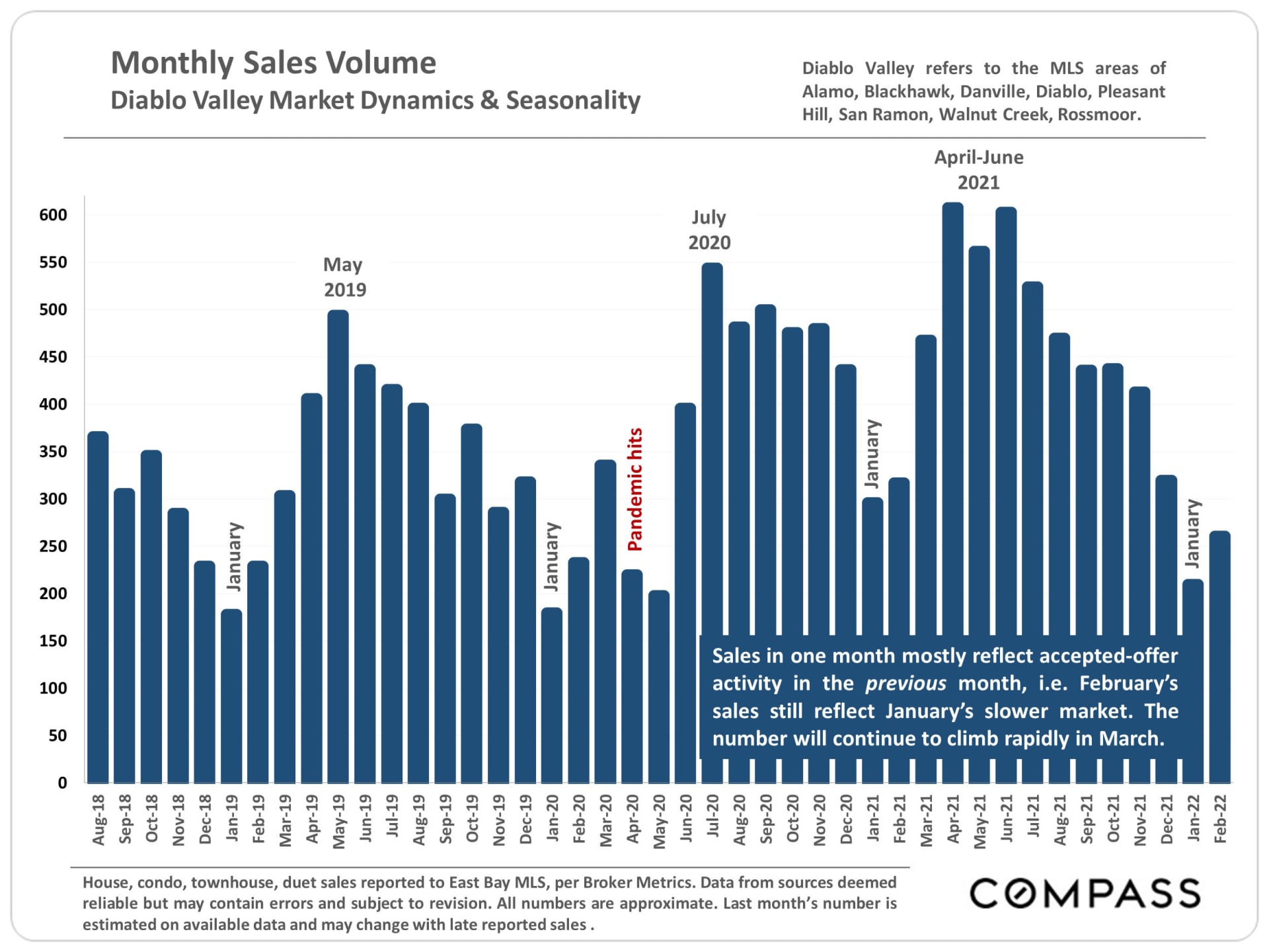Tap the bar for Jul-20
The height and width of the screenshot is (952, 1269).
pos(712,450)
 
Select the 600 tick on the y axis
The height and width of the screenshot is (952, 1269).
pos(54,215)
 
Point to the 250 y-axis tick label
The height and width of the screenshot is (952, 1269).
pos(54,546)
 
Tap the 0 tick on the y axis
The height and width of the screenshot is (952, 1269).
pos(62,783)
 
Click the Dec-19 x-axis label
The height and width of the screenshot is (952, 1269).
pos(526,820)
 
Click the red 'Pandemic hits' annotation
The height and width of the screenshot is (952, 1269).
pos(635,489)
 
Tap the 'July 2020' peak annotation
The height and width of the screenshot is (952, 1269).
pos(709,230)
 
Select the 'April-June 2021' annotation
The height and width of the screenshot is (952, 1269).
pos(978,170)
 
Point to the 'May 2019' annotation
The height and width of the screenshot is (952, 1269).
pos(344,277)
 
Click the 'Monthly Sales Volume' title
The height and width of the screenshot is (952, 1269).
pos(274,63)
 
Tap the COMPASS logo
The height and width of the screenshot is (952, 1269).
pos(1085,894)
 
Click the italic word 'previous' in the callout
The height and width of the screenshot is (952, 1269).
pos(905,684)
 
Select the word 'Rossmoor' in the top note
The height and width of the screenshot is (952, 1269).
pos(1098,114)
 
